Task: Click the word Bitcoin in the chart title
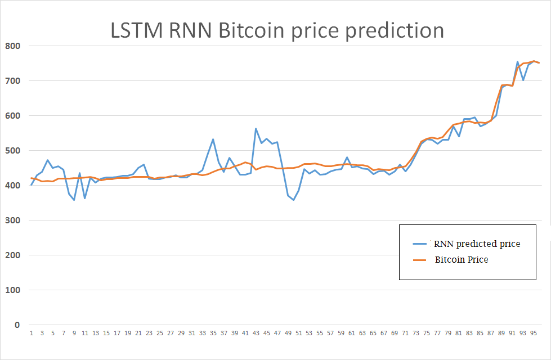tap(252, 30)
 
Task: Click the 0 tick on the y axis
tap(17, 325)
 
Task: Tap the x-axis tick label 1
tap(32, 333)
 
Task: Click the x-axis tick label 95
tap(534, 333)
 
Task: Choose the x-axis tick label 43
tap(256, 333)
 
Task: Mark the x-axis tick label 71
tap(405, 333)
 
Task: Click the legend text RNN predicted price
tap(476, 244)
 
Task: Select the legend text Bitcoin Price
tap(461, 260)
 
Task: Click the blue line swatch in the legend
tap(421, 244)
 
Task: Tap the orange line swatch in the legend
tap(421, 260)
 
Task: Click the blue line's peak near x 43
tap(256, 129)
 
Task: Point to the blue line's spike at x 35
tap(213, 139)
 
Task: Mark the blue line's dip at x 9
tap(74, 200)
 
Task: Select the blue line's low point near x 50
tap(293, 200)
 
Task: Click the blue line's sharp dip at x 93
tap(523, 80)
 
